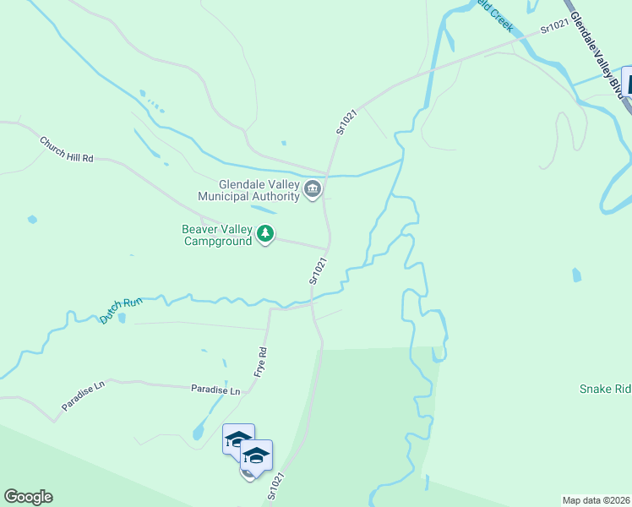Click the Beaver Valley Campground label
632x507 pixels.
pyautogui.click(x=218, y=235)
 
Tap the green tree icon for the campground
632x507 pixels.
pyautogui.click(x=265, y=233)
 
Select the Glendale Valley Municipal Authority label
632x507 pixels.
pyautogui.click(x=248, y=190)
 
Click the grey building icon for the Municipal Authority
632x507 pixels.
pyautogui.click(x=313, y=188)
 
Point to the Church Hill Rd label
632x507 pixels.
pyautogui.click(x=66, y=147)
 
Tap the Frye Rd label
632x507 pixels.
pyautogui.click(x=261, y=362)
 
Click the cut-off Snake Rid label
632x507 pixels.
pyautogui.click(x=605, y=390)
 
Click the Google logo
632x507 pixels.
pyautogui.click(x=28, y=497)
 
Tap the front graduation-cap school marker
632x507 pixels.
pyautogui.click(x=256, y=456)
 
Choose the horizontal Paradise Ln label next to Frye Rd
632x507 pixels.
pyautogui.click(x=215, y=390)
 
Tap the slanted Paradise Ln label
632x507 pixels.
pyautogui.click(x=82, y=396)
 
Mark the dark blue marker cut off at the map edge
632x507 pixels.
pyautogui.click(x=626, y=82)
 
